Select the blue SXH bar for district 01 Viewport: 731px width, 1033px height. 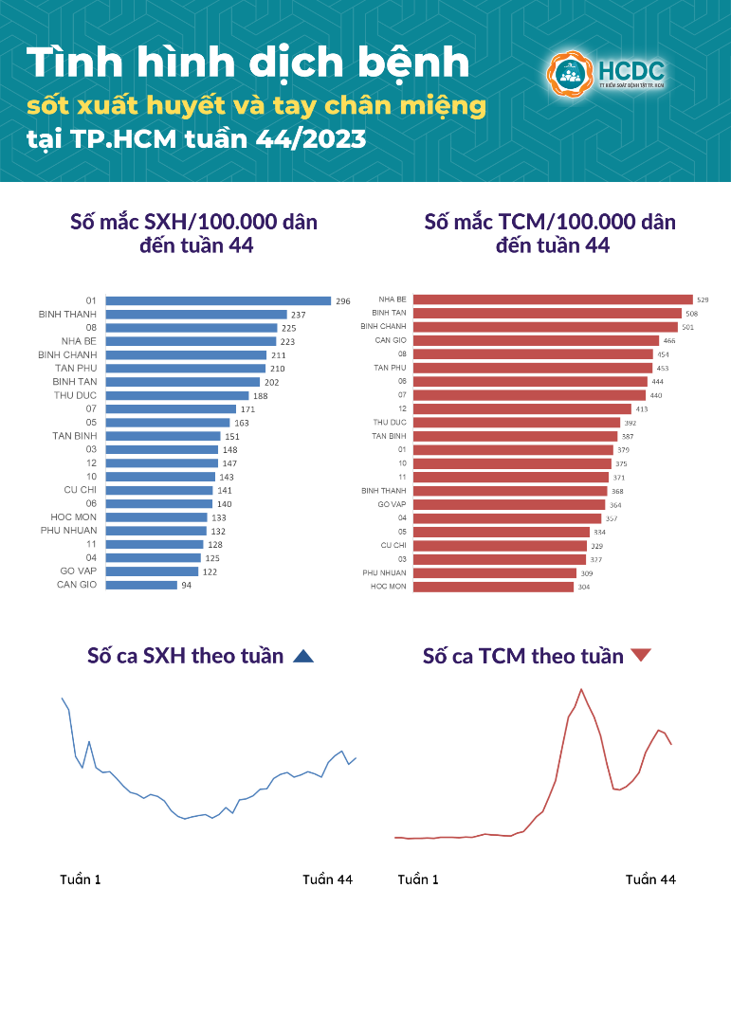(218, 300)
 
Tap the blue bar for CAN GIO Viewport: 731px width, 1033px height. (141, 585)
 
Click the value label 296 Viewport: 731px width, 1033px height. (343, 301)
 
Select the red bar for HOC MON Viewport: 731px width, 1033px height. (493, 587)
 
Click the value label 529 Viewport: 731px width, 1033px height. (702, 299)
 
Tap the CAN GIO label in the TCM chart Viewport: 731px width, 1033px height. (391, 340)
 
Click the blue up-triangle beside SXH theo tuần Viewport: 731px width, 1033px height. (302, 656)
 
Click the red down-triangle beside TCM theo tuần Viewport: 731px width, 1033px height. (641, 655)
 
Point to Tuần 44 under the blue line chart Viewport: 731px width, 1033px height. (327, 879)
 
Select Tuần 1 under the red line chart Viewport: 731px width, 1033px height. (418, 879)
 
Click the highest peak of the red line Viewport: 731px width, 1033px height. (581, 689)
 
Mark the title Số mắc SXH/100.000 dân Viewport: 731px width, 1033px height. (194, 222)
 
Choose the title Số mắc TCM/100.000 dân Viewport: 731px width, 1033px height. (550, 222)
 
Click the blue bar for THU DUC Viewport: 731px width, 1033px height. (176, 395)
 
